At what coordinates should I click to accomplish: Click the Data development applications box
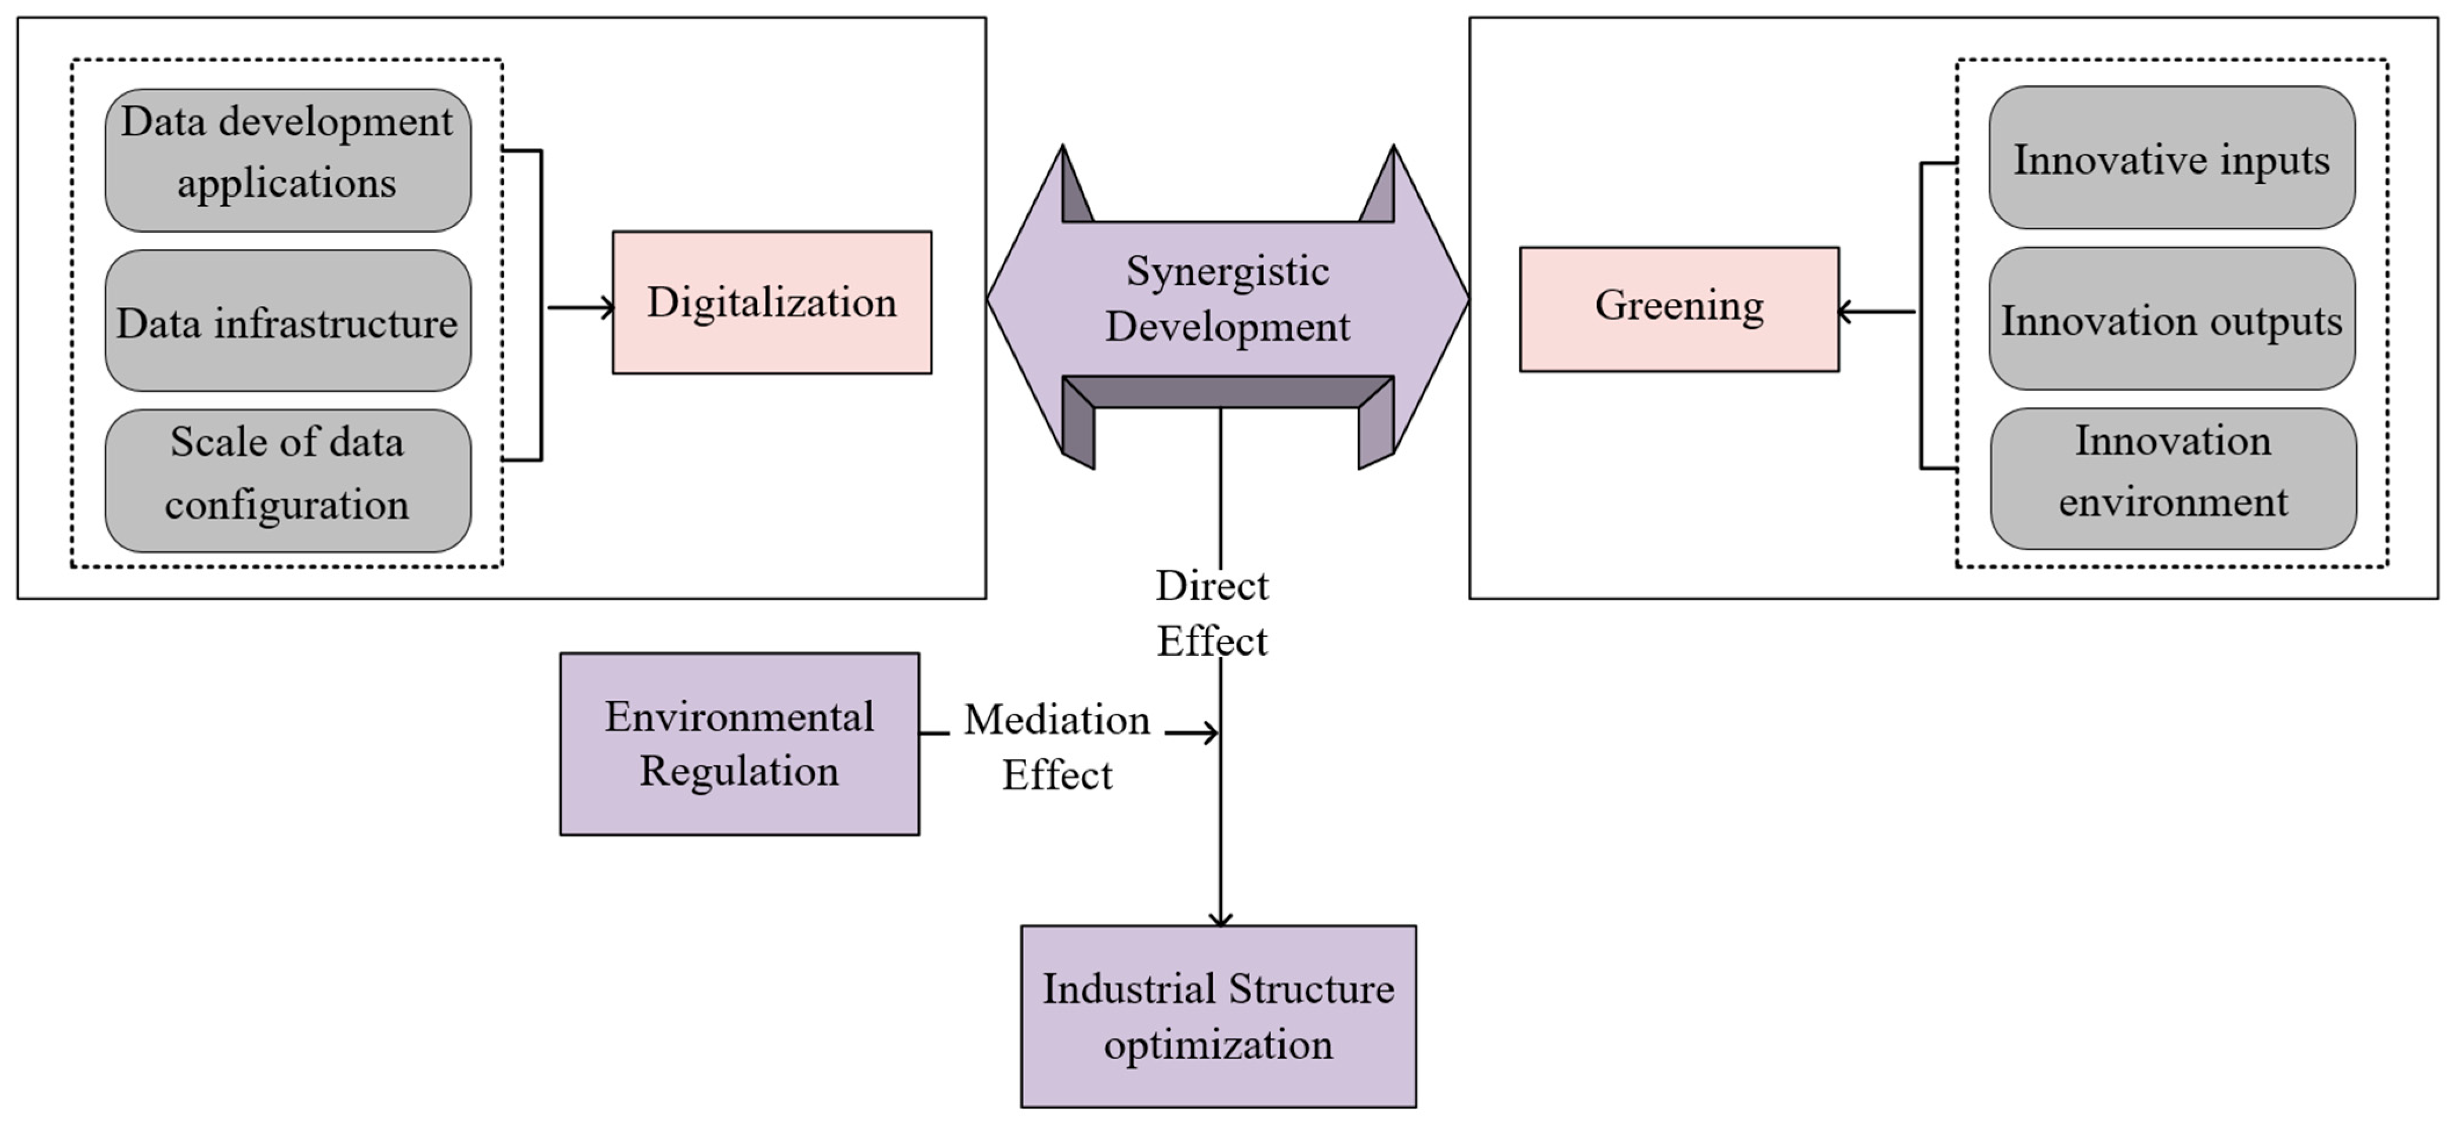click(x=287, y=160)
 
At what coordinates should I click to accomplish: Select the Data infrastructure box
click(x=287, y=322)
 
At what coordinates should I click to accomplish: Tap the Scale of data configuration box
click(x=287, y=481)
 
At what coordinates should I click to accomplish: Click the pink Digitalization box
click(x=771, y=302)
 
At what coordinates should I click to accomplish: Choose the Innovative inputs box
click(x=2171, y=158)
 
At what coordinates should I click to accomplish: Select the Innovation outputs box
click(x=2171, y=319)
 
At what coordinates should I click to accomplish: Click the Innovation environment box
click(x=2172, y=479)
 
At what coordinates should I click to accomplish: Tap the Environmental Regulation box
click(x=739, y=744)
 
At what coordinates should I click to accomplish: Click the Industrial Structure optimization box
click(x=1218, y=1016)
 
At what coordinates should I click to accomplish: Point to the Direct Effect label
click(x=1212, y=613)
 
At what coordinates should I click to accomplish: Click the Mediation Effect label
click(x=1056, y=746)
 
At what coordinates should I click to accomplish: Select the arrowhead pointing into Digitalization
click(x=606, y=307)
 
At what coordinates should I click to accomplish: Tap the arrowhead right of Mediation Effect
click(x=1210, y=733)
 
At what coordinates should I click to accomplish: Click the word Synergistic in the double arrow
click(x=1227, y=272)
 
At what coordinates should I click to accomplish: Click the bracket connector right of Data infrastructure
click(x=541, y=306)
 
